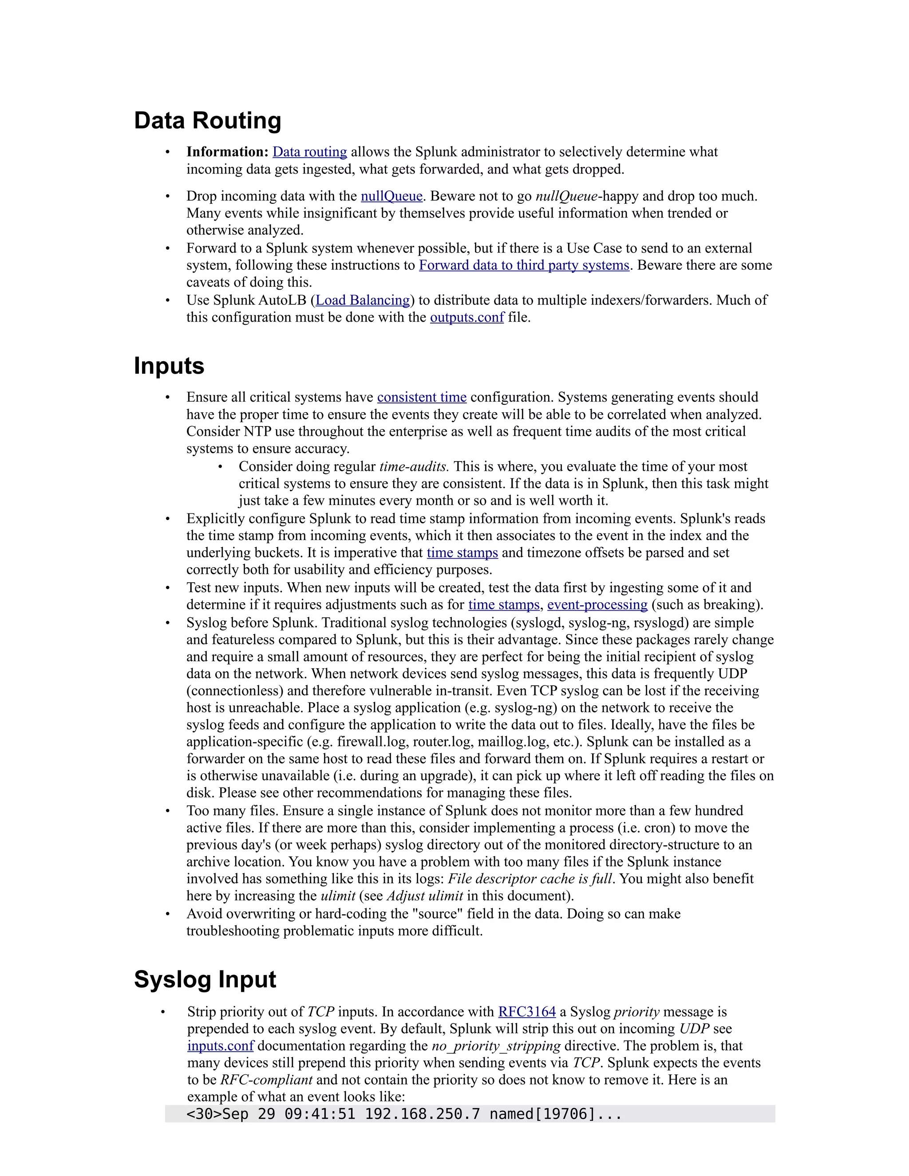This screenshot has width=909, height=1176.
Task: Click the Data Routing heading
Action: coord(207,121)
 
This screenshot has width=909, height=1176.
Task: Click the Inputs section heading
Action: coord(169,366)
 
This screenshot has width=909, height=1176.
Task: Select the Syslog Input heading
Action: coord(205,979)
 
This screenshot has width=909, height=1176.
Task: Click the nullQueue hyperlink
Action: coord(391,196)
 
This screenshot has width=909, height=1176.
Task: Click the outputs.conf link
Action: coord(466,317)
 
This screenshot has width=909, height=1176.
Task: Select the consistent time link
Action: coord(421,397)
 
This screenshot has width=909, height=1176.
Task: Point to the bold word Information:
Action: coord(227,152)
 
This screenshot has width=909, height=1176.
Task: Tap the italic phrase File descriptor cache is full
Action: coord(530,879)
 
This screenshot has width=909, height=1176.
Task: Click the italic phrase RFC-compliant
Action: coord(266,1080)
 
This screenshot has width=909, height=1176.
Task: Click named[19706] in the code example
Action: coord(541,1113)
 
